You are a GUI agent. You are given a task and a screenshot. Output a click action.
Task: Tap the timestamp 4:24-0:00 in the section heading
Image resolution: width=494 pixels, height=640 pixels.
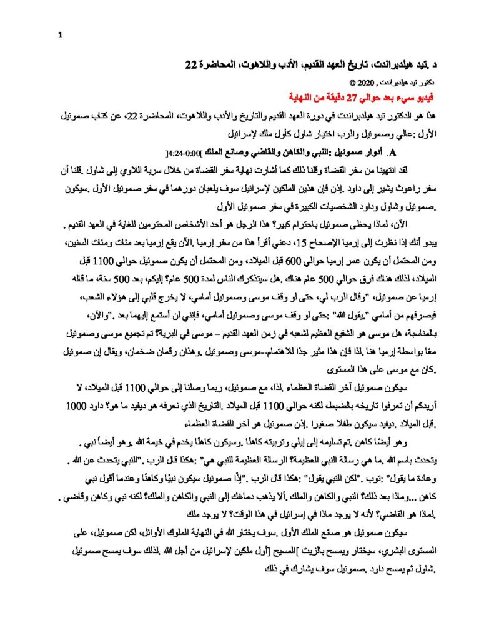coord(187,152)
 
